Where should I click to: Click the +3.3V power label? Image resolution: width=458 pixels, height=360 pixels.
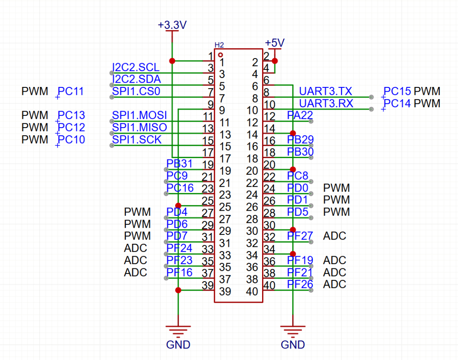[x=172, y=25]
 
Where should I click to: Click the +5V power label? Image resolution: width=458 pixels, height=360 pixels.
[x=274, y=43]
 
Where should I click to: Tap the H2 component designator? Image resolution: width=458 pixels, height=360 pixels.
[x=219, y=45]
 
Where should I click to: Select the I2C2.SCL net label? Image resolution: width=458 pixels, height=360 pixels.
[x=136, y=67]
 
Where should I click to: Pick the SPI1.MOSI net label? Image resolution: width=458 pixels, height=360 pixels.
[x=140, y=115]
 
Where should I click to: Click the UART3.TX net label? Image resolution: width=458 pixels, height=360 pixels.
[x=325, y=91]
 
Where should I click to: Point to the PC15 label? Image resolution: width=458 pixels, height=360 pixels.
[x=397, y=91]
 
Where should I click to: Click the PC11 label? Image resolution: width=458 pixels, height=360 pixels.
[x=71, y=91]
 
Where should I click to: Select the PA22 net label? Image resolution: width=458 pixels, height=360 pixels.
[x=300, y=115]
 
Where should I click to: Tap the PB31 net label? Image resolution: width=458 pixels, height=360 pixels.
[x=179, y=164]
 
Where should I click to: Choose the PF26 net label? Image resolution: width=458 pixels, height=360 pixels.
[x=300, y=284]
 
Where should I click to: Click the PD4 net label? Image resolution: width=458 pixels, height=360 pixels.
[x=177, y=212]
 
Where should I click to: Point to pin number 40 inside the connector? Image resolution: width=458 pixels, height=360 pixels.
[x=252, y=292]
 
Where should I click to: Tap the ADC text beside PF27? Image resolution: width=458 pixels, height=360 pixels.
[x=335, y=236]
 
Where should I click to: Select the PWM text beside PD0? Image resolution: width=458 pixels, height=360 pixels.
[x=336, y=187]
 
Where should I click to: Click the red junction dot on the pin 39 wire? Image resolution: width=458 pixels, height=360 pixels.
[x=178, y=290]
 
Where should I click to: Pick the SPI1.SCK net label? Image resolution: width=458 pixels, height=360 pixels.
[x=137, y=139]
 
